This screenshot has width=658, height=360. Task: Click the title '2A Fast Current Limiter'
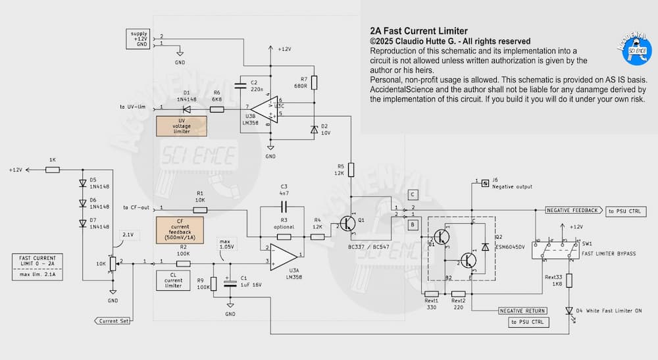click(x=418, y=31)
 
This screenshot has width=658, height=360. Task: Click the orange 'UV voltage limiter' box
click(x=181, y=126)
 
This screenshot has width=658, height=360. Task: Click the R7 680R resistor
click(x=314, y=82)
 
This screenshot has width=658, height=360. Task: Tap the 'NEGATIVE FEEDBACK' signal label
click(x=573, y=211)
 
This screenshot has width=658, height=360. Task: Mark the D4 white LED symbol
click(x=570, y=310)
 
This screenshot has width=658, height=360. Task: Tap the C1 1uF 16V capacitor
click(x=230, y=284)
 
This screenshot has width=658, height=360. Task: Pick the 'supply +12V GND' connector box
click(x=139, y=39)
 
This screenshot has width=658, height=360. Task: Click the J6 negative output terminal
click(x=486, y=182)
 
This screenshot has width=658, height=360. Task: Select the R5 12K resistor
click(x=351, y=170)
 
